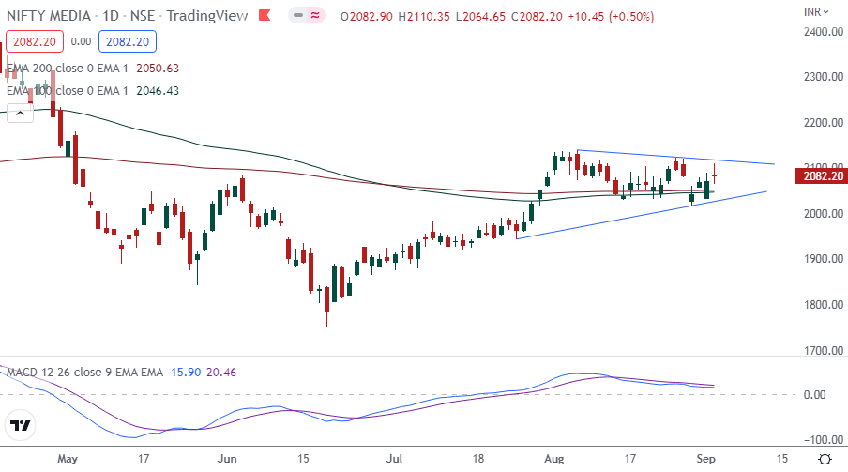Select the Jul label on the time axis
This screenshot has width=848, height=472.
click(394, 459)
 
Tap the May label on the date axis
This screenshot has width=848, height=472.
click(68, 459)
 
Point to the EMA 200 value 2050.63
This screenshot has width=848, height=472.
click(158, 68)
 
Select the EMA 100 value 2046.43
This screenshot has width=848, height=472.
click(158, 91)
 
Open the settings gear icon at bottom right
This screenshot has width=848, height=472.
click(824, 459)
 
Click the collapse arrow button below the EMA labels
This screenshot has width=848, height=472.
click(18, 113)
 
